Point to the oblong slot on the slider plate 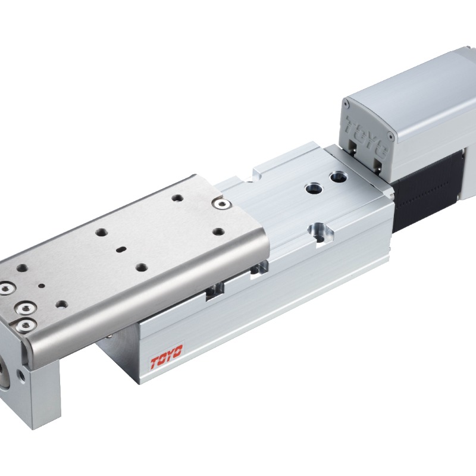pos(121,249)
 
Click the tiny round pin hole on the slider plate pos(42,286)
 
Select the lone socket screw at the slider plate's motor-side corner pos(222,204)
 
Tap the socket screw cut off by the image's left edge pos(5,289)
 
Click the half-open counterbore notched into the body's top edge pos(320,232)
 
